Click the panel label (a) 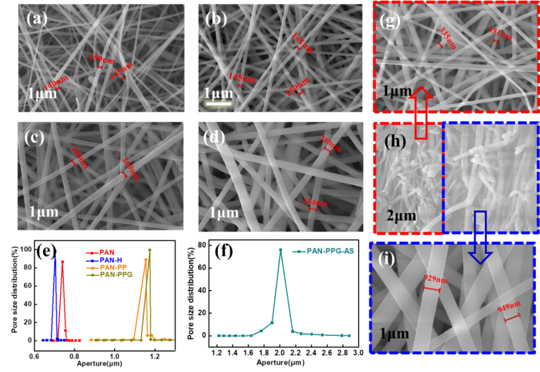[x=38, y=20]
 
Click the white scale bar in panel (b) [x=218, y=104]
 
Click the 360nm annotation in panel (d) [x=331, y=144]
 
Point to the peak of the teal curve [x=280, y=249]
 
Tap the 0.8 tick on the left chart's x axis [x=74, y=356]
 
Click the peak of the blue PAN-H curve [x=56, y=251]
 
